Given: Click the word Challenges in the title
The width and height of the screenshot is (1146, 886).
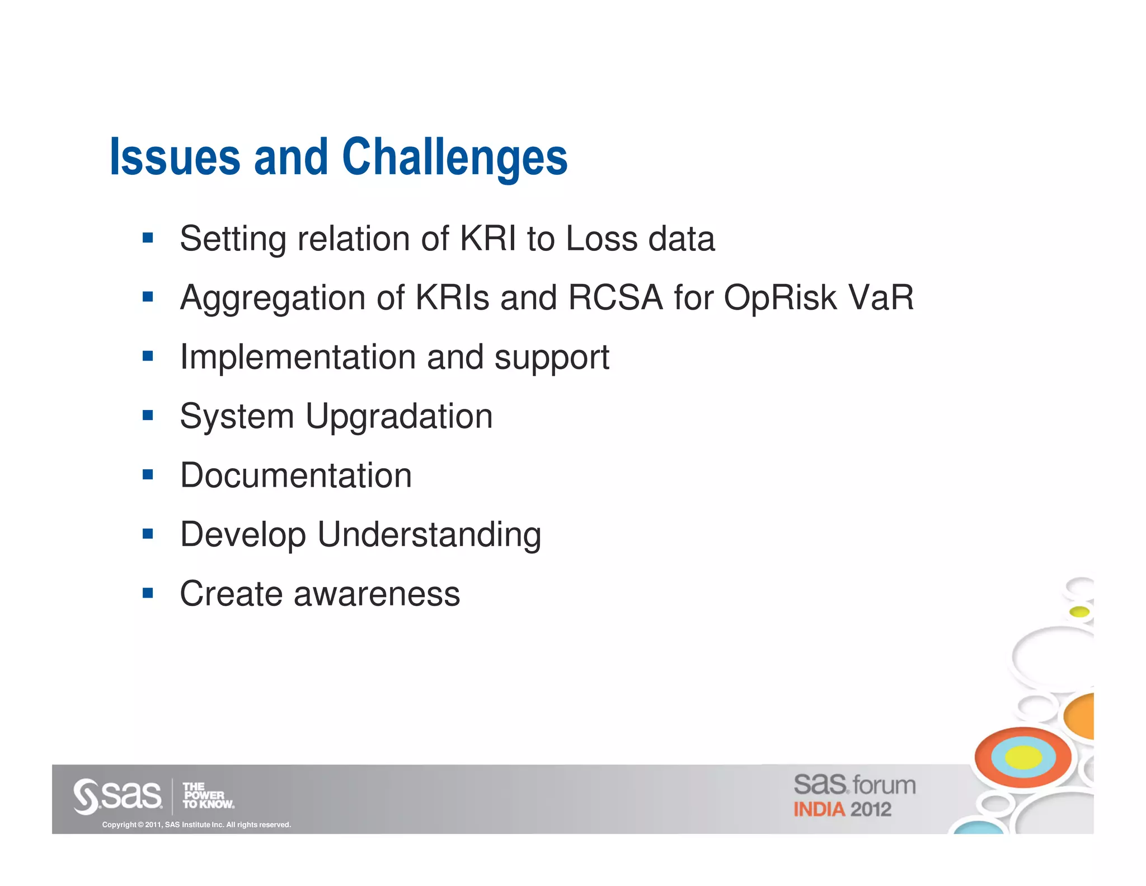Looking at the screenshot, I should [x=454, y=157].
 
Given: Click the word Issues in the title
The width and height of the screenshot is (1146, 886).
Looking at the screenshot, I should [x=175, y=157].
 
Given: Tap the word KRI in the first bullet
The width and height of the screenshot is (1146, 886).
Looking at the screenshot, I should [x=487, y=239].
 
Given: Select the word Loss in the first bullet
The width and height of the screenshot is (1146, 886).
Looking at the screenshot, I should [x=602, y=239].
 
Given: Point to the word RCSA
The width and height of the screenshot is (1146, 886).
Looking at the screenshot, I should [x=615, y=297].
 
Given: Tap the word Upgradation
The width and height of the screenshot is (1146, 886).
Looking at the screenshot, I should [x=399, y=417].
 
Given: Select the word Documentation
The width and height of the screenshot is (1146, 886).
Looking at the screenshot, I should [x=295, y=475].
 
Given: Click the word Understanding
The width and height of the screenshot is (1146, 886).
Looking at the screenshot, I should [x=429, y=535].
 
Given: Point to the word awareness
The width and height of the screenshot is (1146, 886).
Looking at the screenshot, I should [x=377, y=594].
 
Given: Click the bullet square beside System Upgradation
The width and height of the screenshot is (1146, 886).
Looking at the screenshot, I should [x=148, y=416].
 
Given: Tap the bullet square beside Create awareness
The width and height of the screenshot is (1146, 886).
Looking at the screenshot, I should [x=148, y=593].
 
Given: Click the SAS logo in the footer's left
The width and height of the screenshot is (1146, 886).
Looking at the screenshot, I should [x=118, y=795].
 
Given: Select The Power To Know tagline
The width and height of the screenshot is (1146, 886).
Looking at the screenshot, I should [x=208, y=796].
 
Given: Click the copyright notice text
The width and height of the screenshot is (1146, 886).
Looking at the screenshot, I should [x=196, y=824].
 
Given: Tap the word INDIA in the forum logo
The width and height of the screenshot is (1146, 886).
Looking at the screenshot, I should [x=819, y=810].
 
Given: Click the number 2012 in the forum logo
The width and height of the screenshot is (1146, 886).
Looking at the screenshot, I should [x=871, y=810].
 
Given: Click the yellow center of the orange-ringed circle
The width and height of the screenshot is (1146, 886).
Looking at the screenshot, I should [x=1023, y=758].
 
